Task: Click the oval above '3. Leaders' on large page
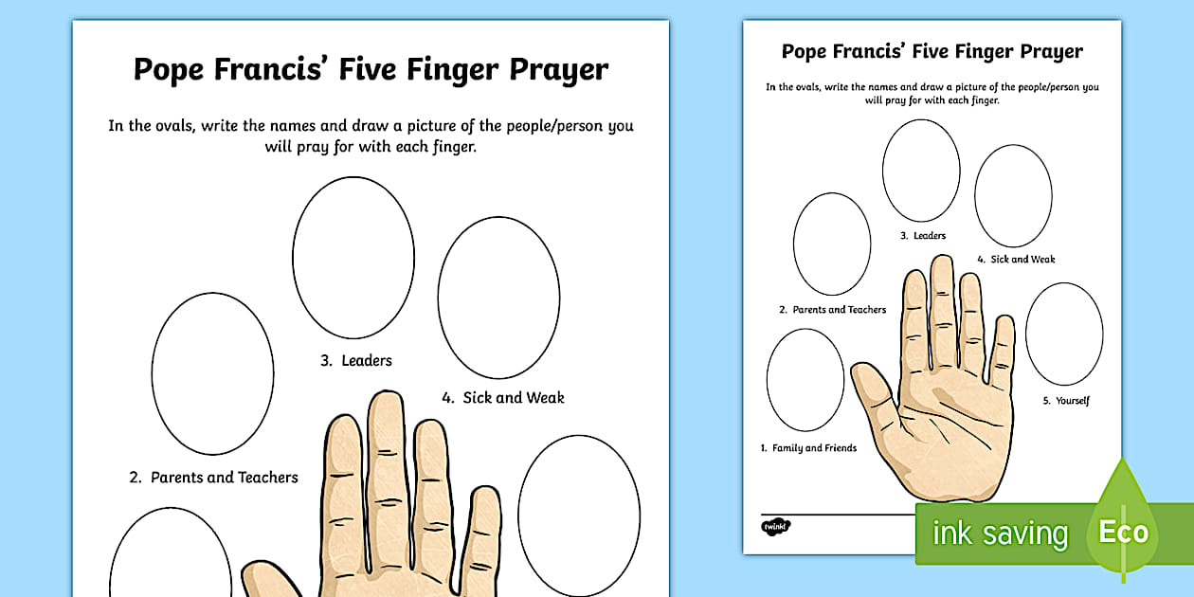tap(353, 257)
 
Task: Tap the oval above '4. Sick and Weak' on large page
tap(498, 298)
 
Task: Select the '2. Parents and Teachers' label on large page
tap(214, 478)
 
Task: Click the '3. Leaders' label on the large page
tap(356, 360)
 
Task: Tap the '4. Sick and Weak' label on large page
tap(503, 398)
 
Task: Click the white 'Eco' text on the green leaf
tap(1123, 532)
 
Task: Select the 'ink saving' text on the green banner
tap(1000, 534)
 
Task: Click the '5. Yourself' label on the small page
tap(1066, 401)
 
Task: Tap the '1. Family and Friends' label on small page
tap(808, 448)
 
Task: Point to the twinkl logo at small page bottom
tap(775, 525)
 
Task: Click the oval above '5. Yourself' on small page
tap(1063, 334)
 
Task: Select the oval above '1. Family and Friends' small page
tap(805, 380)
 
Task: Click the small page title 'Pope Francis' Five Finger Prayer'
tap(932, 51)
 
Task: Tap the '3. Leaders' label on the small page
tap(923, 236)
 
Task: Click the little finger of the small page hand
tap(1004, 351)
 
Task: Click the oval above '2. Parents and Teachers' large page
tap(212, 373)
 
